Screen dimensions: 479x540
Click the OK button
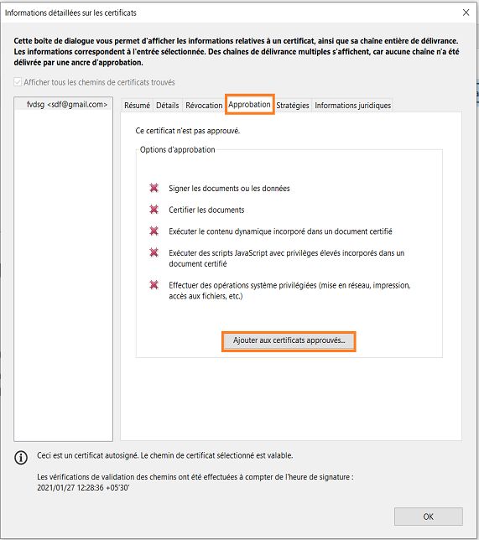pyautogui.click(x=428, y=516)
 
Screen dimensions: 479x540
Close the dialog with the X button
pyautogui.click(x=466, y=13)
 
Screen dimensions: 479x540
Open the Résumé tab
pyautogui.click(x=137, y=105)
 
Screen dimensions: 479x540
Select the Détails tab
pyautogui.click(x=167, y=105)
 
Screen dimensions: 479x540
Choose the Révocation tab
pyautogui.click(x=203, y=105)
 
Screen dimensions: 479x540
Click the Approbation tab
pyautogui.click(x=249, y=105)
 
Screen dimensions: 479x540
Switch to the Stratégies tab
pyautogui.click(x=293, y=105)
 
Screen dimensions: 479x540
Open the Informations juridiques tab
pyautogui.click(x=352, y=105)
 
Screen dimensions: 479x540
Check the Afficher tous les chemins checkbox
pyautogui.click(x=18, y=82)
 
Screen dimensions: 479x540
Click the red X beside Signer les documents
pyautogui.click(x=154, y=189)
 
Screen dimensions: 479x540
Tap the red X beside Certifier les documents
pyautogui.click(x=154, y=210)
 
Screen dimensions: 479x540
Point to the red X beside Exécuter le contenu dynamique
pyautogui.click(x=154, y=231)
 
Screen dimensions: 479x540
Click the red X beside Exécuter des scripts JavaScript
pyautogui.click(x=154, y=252)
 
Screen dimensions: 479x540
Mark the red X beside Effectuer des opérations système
pyautogui.click(x=154, y=285)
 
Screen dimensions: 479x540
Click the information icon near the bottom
pyautogui.click(x=21, y=457)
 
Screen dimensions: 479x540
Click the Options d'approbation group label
pyautogui.click(x=178, y=149)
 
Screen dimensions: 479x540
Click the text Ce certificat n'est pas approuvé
pyautogui.click(x=193, y=131)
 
